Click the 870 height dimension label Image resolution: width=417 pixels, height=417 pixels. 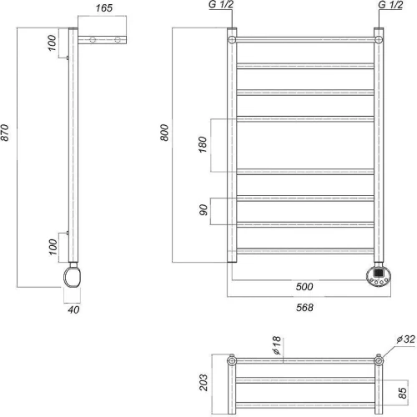[6, 133]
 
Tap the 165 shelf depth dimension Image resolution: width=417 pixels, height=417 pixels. [104, 8]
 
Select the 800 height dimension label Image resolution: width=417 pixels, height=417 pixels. [164, 133]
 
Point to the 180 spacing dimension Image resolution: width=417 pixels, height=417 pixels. [203, 144]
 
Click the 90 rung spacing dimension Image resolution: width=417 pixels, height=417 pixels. [203, 210]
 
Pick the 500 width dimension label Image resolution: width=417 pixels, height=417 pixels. [304, 287]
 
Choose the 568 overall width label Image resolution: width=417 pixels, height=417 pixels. [304, 308]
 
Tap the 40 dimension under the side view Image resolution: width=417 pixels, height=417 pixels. [73, 309]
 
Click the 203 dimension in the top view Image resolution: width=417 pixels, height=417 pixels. [203, 383]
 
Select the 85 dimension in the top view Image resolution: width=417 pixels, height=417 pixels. [402, 393]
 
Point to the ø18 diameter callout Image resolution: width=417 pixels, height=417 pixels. [277, 345]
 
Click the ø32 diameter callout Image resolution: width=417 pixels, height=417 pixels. [406, 339]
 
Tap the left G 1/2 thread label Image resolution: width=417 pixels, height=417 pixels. [221, 4]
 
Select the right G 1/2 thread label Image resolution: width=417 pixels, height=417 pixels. [390, 4]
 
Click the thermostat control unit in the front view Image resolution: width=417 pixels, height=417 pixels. [379, 276]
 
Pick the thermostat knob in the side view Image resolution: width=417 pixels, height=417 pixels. [73, 277]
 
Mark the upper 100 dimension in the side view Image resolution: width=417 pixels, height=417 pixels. [52, 43]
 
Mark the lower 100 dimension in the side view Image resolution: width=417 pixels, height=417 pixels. [53, 247]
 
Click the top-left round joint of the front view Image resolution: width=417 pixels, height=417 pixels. [232, 40]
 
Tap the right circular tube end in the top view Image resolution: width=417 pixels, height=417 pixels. [379, 361]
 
